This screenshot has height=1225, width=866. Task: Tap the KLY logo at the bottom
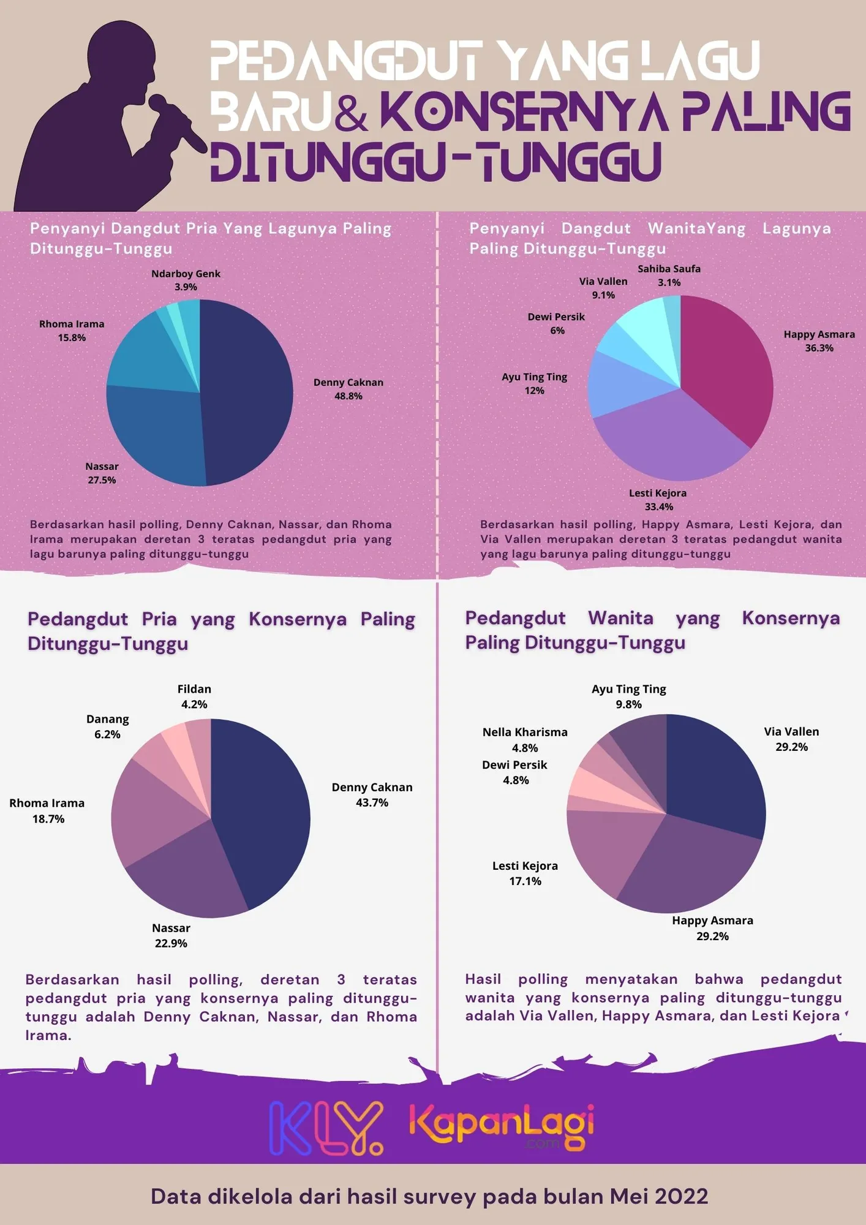click(x=326, y=1128)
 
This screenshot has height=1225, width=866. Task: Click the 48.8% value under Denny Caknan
click(x=348, y=396)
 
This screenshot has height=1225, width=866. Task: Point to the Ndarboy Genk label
click(x=186, y=274)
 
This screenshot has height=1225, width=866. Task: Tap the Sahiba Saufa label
click(x=669, y=269)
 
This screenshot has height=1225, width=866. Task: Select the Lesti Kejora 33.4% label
click(x=658, y=500)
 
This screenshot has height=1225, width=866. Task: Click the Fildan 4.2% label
click(x=194, y=696)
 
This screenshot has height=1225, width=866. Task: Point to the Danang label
click(x=107, y=719)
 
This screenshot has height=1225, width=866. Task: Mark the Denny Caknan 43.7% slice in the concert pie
click(x=263, y=809)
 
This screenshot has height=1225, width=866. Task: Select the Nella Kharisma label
click(x=525, y=733)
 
